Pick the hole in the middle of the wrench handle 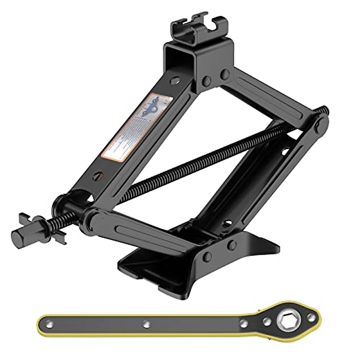click(x=147, y=323)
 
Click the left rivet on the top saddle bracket click(x=206, y=80)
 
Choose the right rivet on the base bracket click(x=231, y=245)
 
